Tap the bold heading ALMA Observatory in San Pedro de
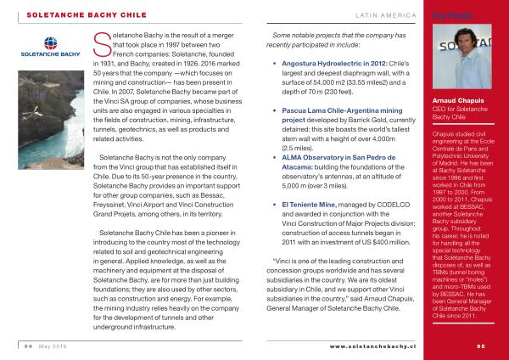pyautogui.click(x=335, y=159)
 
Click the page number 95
pyautogui.click(x=481, y=347)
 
